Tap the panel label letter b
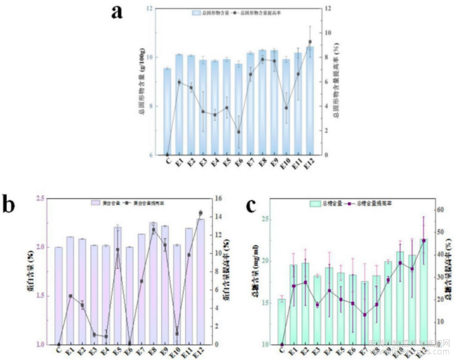[10, 204]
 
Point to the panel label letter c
[251, 205]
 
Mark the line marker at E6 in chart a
[239, 132]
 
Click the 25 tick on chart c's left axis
[266, 219]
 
